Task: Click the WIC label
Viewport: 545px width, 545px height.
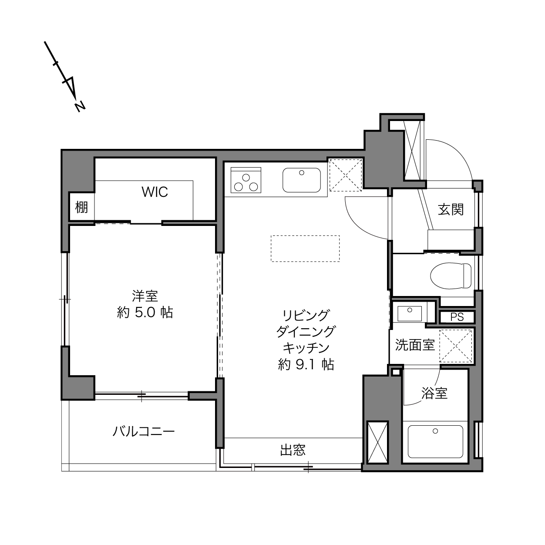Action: [x=155, y=192]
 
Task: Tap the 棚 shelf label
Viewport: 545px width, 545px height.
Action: [x=81, y=207]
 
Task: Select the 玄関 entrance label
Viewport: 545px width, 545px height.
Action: [x=451, y=209]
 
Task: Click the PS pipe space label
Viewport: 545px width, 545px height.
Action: [x=457, y=317]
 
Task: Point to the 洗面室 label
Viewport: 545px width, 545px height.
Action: [x=415, y=345]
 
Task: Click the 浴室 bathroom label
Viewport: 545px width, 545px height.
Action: [x=434, y=393]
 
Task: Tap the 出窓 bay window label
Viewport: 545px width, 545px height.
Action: [x=293, y=450]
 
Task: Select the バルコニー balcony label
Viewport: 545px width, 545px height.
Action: [x=144, y=431]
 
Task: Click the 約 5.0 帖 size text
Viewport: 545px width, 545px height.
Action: [x=145, y=313]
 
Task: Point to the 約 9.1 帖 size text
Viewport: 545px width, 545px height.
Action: [x=306, y=364]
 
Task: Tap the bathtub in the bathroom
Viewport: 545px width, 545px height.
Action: [x=435, y=441]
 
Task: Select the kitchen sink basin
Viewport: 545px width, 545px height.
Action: [x=302, y=180]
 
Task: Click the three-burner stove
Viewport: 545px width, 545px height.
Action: [x=246, y=180]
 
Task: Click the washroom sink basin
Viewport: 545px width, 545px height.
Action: [x=410, y=314]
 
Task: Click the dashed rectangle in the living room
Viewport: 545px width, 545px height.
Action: [x=305, y=248]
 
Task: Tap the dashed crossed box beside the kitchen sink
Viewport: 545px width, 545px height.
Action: [x=346, y=175]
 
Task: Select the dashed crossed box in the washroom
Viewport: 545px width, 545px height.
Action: [x=456, y=346]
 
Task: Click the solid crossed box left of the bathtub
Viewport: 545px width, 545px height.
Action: [x=377, y=442]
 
